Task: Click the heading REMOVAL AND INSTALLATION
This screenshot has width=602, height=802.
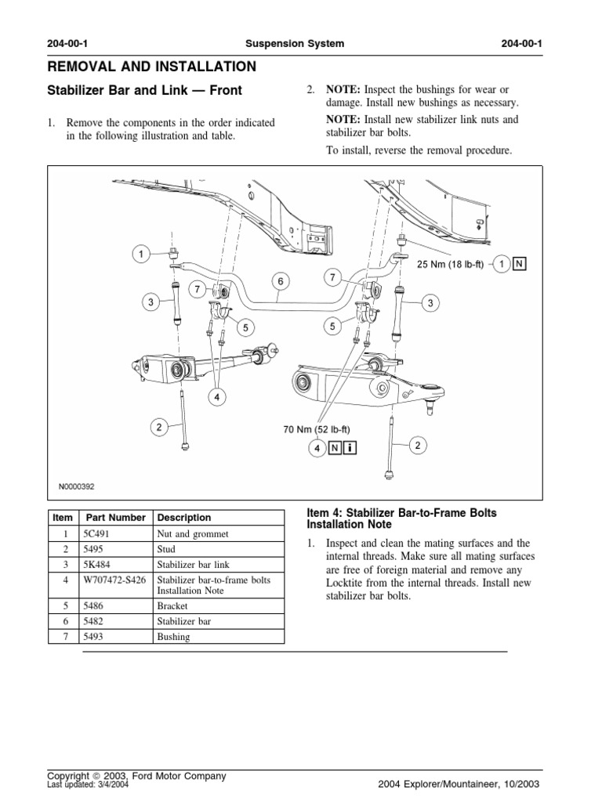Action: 152,67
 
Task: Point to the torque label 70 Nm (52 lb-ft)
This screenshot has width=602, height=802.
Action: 317,429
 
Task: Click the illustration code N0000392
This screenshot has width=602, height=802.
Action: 76,486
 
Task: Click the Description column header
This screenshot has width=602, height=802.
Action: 184,518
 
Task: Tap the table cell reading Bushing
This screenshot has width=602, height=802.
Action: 174,637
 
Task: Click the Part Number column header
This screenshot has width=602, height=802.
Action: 115,518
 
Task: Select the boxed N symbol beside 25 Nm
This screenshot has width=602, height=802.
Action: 519,265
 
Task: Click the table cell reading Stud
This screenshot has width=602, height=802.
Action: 169,549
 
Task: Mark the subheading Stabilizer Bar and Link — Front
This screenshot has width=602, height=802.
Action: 145,91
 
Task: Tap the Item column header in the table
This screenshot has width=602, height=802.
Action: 62,518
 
